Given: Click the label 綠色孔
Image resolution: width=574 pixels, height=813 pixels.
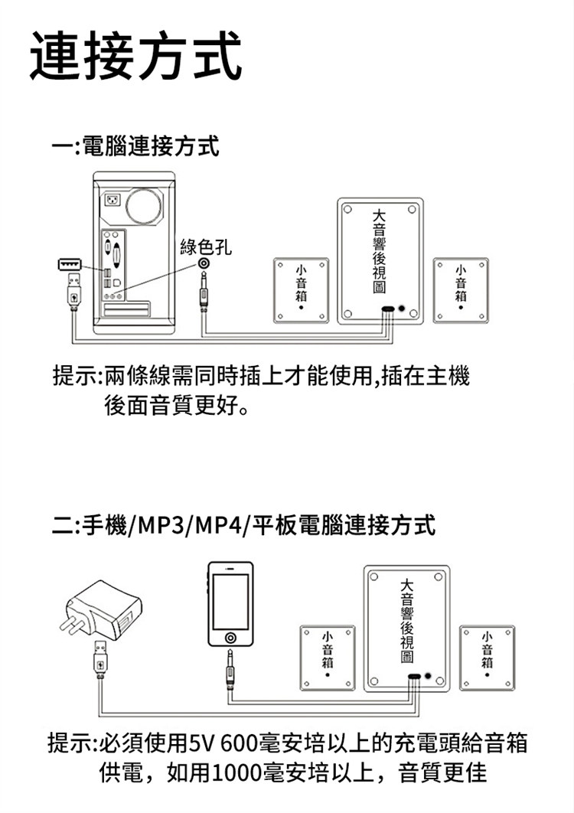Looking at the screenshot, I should [204, 247].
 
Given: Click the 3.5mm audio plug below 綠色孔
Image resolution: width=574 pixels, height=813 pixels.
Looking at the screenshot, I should [204, 295].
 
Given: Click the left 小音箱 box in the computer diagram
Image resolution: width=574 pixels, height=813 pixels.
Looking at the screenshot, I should [301, 289].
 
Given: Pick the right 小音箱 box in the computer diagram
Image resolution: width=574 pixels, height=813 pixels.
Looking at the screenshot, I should [460, 289].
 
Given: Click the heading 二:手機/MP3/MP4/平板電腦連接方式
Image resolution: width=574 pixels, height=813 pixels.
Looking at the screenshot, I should [246, 526].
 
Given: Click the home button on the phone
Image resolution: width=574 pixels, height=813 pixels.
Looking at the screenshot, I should [230, 636].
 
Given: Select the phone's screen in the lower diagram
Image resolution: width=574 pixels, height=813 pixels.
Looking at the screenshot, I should [230, 601].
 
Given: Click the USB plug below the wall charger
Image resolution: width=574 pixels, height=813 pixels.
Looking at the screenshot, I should [100, 659].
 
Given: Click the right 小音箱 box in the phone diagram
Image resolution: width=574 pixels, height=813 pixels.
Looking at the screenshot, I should [488, 655].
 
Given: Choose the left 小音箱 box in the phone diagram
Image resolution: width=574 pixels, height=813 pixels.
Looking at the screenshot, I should [328, 655].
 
